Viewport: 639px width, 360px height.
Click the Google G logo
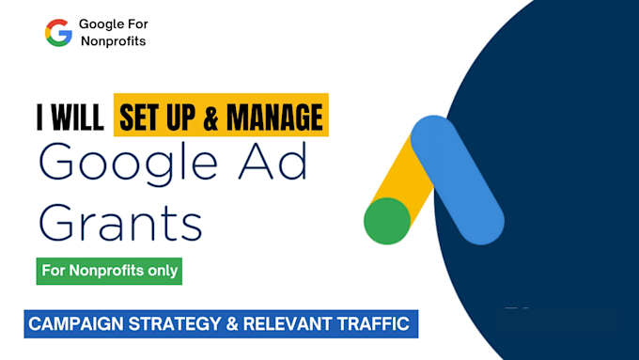[x=58, y=33]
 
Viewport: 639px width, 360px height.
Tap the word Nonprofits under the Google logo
[x=113, y=41]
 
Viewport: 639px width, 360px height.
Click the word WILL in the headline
[x=79, y=118]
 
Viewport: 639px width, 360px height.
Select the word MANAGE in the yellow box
[x=273, y=118]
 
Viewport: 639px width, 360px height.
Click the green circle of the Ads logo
[x=387, y=221]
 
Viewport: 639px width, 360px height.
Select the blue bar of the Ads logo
[x=458, y=180]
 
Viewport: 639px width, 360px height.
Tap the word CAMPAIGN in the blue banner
[x=74, y=324]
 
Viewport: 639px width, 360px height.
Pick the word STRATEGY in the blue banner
[x=177, y=324]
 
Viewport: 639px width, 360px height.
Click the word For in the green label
[x=56, y=271]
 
